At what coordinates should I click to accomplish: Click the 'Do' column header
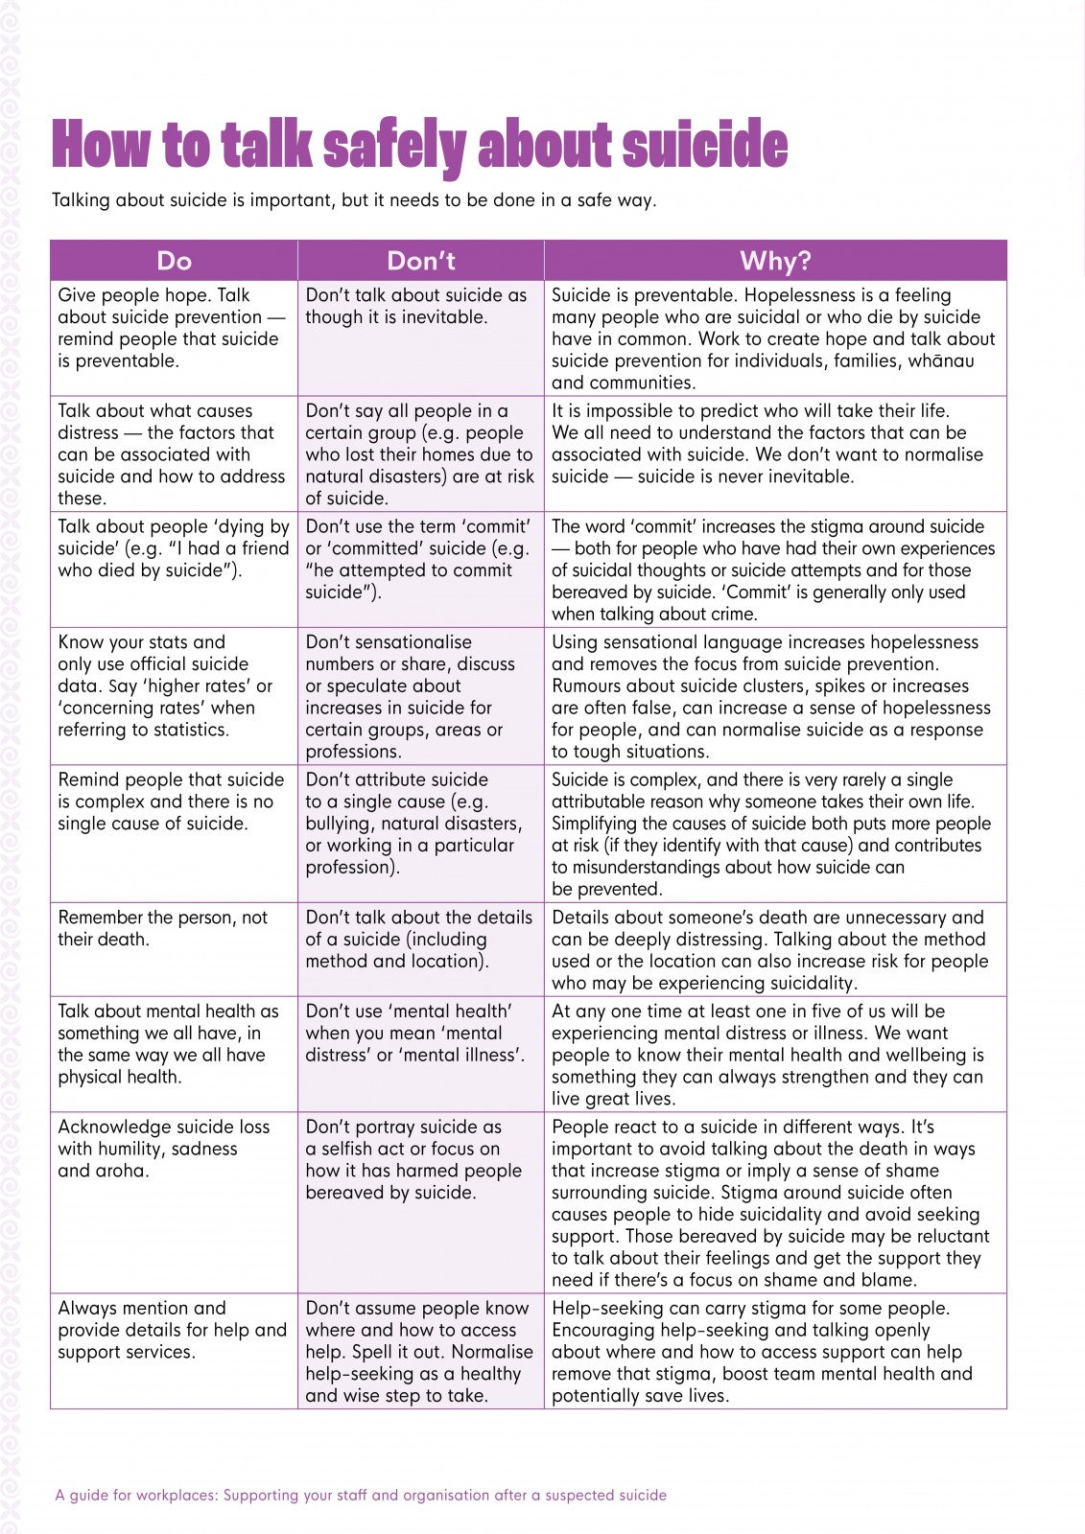(x=174, y=261)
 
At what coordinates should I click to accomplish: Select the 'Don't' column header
(x=420, y=261)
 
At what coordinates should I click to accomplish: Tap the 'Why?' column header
(x=775, y=261)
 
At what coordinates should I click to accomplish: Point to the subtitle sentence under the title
(x=354, y=201)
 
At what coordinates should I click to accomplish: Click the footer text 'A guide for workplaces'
(x=361, y=1495)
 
